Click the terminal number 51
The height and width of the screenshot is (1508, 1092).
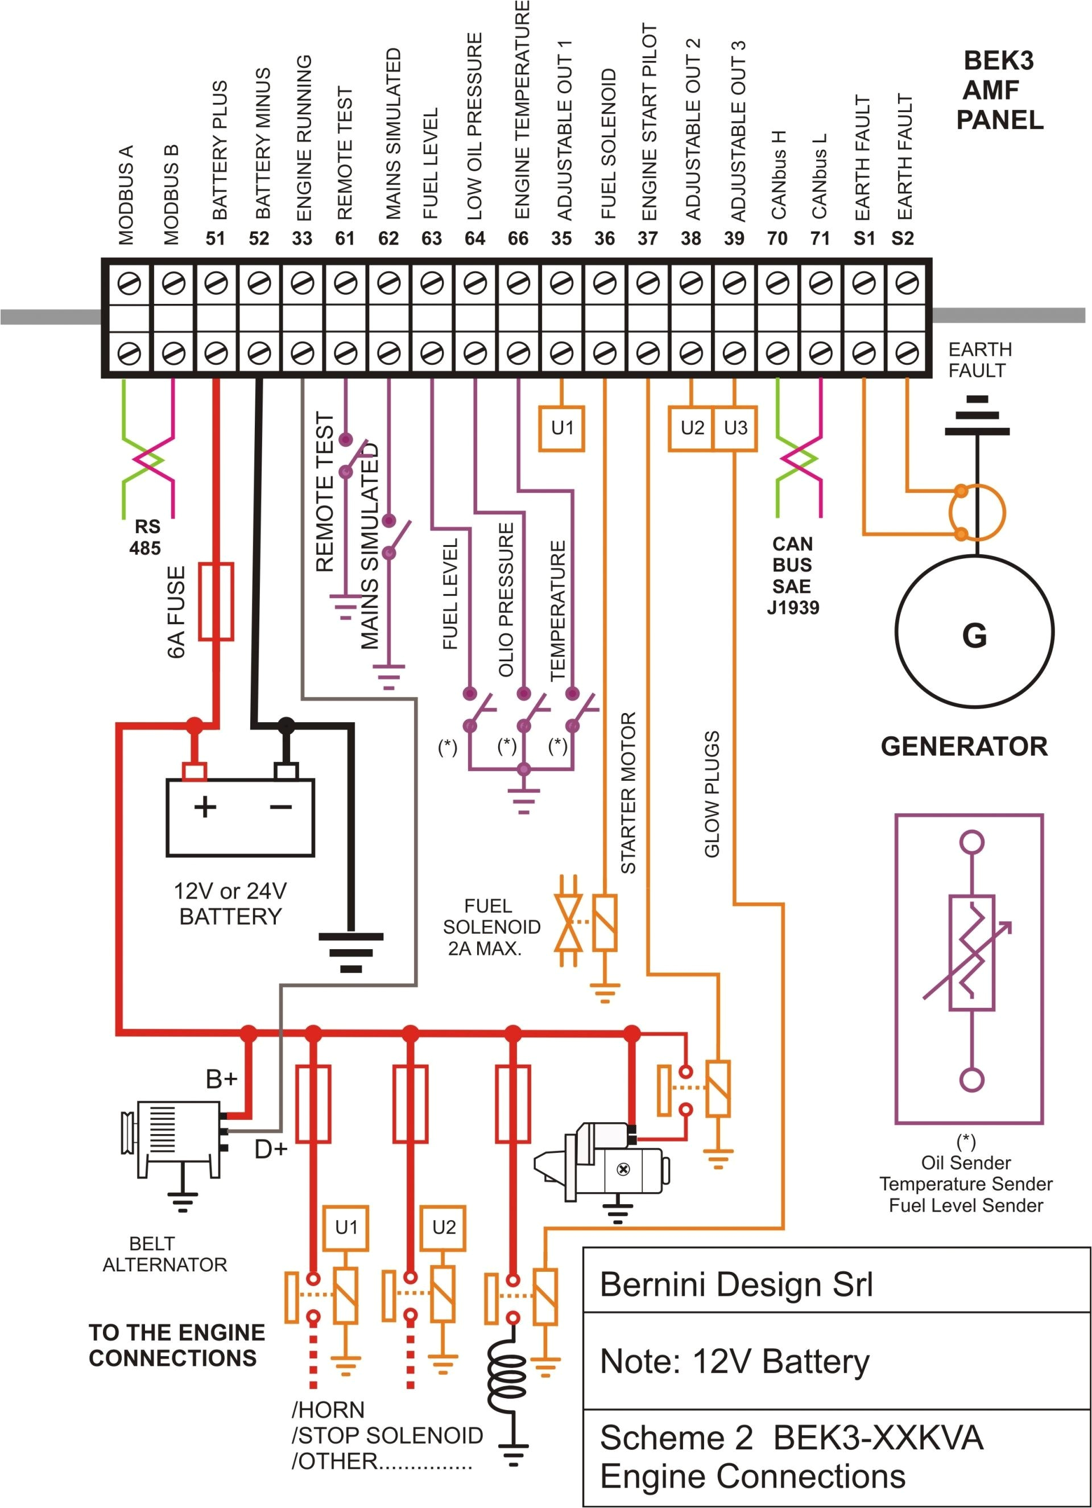[x=216, y=238]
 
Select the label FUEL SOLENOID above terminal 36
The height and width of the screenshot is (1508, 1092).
[x=609, y=143]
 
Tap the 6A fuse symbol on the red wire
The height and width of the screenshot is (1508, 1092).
[x=217, y=601]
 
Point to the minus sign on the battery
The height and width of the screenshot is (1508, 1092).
[x=281, y=807]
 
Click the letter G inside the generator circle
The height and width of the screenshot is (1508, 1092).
[x=974, y=636]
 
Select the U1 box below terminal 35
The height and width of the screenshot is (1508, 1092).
[x=561, y=428]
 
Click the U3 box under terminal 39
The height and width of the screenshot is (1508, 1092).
[x=735, y=428]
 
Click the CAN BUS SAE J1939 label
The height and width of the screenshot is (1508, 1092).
[x=793, y=576]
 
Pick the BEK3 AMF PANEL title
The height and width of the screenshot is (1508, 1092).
[x=999, y=90]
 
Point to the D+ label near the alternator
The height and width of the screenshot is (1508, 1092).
[x=271, y=1149]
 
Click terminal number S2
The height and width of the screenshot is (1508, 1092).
[x=903, y=238]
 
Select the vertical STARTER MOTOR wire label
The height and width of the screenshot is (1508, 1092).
[x=628, y=793]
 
